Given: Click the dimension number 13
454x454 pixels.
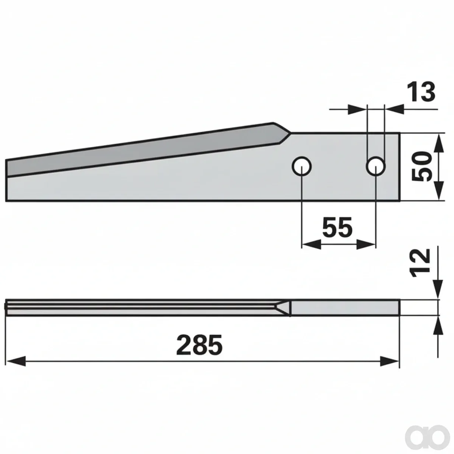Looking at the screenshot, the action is pos(421,92).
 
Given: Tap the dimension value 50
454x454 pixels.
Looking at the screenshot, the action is pos(421,166).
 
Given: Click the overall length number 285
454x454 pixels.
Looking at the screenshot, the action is pos(199,345).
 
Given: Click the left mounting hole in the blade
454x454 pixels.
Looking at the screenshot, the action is pos(302,166).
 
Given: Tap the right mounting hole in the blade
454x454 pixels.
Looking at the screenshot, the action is pos(376,166).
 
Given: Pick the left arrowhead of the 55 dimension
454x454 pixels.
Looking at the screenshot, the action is pos(311,244).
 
